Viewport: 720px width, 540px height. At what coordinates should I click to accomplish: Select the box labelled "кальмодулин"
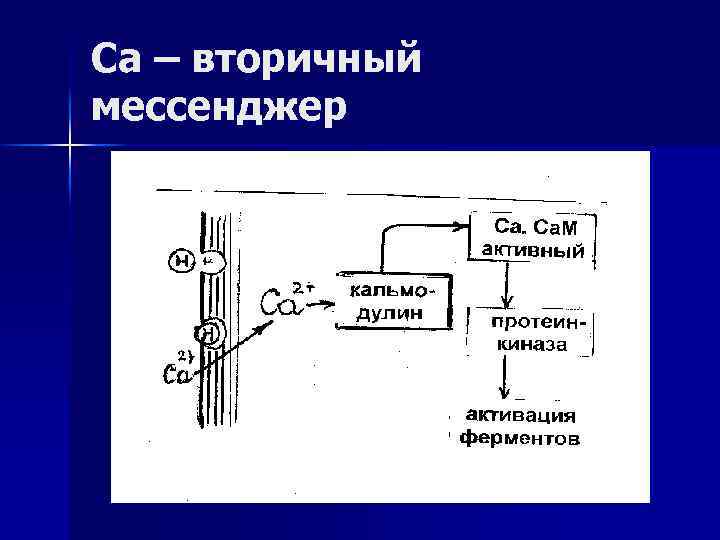point(392,301)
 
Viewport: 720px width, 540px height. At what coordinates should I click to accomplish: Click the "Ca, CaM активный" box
point(532,238)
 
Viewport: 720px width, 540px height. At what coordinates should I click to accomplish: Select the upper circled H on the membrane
point(183,261)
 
